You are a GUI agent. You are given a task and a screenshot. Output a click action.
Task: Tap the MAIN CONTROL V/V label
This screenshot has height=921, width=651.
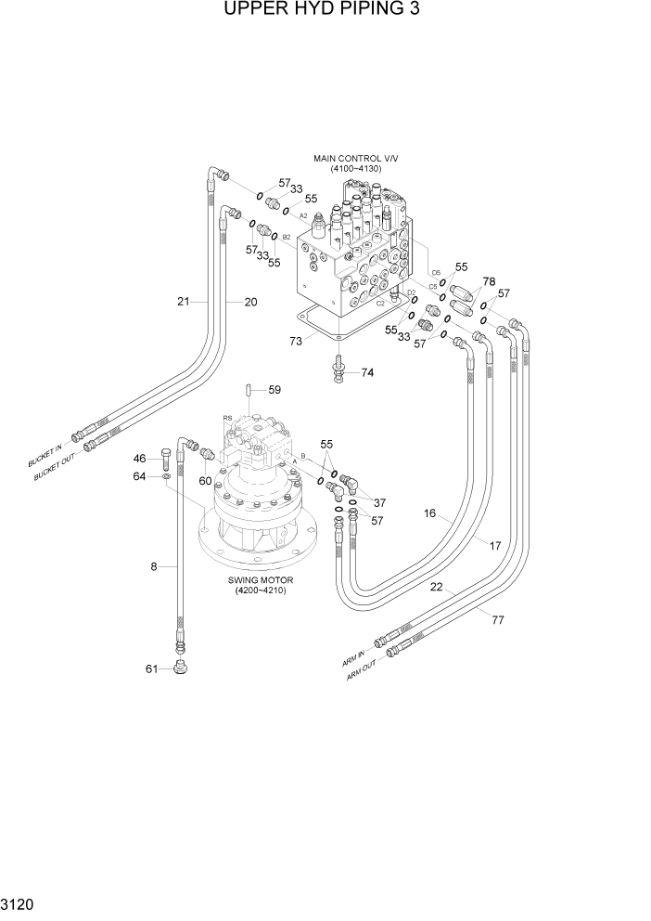point(354,159)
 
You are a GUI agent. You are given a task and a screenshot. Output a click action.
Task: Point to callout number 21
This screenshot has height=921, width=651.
point(184,301)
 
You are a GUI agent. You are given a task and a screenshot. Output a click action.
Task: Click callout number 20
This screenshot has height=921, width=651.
point(250,301)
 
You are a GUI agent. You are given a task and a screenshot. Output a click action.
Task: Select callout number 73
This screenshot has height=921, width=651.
point(296,342)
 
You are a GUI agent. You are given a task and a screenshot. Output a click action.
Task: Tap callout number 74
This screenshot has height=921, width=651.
point(367,372)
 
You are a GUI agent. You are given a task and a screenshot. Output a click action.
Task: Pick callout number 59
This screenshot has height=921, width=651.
point(274,390)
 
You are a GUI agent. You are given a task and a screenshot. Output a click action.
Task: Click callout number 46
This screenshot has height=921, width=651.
point(139,459)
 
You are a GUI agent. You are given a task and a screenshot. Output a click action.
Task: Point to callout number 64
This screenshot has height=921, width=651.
point(139,476)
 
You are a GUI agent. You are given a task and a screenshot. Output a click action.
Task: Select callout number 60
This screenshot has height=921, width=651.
point(205,480)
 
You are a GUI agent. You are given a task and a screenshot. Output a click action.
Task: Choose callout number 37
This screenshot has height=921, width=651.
point(378,502)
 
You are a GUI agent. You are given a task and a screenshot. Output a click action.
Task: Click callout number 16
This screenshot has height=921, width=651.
point(430,513)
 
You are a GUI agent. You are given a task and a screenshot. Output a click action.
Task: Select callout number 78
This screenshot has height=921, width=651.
point(489,281)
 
